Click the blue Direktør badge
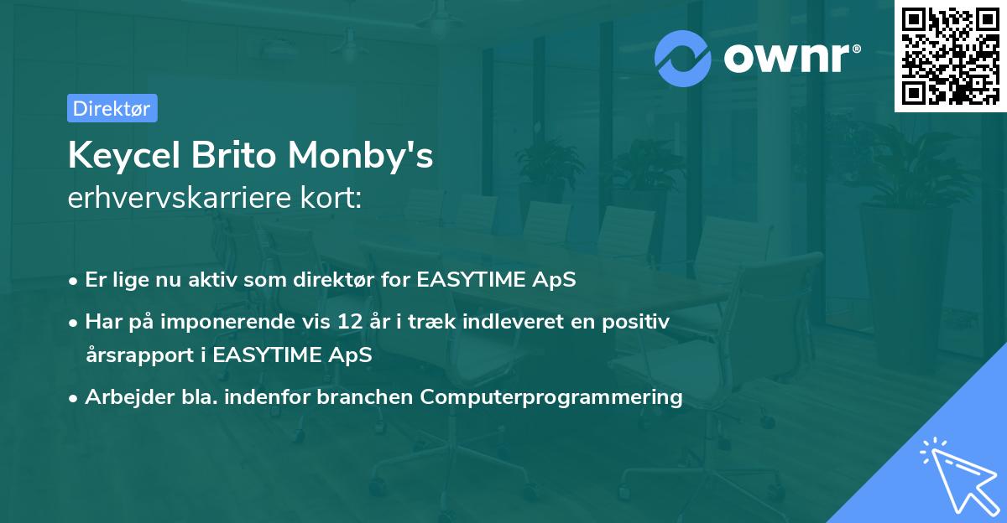[112, 108]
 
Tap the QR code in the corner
[950, 55]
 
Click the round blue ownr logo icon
[683, 58]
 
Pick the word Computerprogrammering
[551, 396]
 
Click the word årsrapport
[138, 355]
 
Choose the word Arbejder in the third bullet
[121, 396]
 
